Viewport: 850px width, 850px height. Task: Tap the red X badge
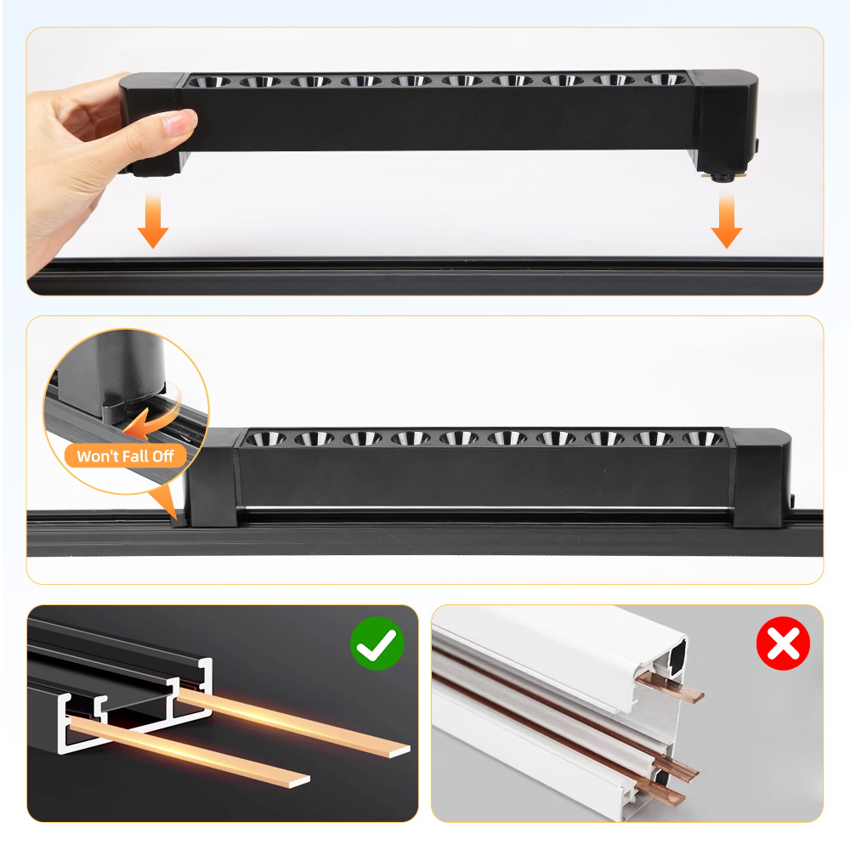(783, 644)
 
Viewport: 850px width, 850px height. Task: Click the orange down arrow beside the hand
(153, 220)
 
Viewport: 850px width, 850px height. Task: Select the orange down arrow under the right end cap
(727, 220)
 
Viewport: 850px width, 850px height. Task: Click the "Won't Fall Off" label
(125, 456)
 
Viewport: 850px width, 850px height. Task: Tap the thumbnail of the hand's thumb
(178, 124)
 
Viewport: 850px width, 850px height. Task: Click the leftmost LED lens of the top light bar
(209, 82)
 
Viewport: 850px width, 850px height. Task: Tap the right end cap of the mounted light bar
(762, 480)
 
